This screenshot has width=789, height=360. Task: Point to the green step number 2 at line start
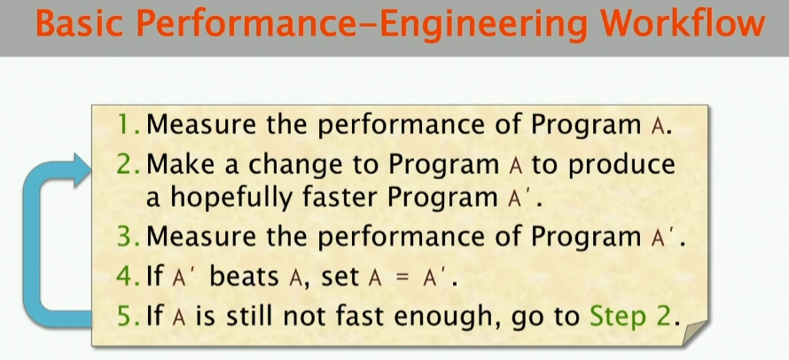pos(128,165)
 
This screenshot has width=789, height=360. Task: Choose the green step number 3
pos(128,237)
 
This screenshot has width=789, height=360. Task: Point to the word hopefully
pos(238,198)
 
